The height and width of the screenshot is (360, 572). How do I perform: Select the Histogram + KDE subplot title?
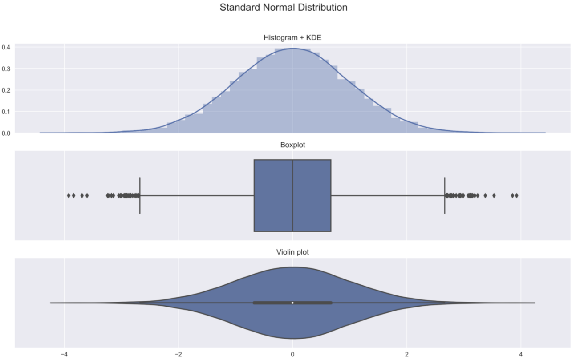pyautogui.click(x=292, y=38)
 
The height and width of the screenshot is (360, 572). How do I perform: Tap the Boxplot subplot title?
pyautogui.click(x=292, y=145)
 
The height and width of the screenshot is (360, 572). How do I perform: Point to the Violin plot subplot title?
pyautogui.click(x=292, y=252)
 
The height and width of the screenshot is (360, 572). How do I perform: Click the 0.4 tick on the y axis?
pyautogui.click(x=7, y=47)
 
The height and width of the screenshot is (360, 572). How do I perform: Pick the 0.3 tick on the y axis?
pyautogui.click(x=7, y=69)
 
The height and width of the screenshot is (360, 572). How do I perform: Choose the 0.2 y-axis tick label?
pyautogui.click(x=7, y=90)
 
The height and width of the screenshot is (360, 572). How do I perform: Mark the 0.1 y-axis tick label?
pyautogui.click(x=7, y=111)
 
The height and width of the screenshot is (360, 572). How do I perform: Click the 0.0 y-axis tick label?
pyautogui.click(x=7, y=133)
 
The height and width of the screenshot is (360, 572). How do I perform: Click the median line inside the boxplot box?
pyautogui.click(x=292, y=195)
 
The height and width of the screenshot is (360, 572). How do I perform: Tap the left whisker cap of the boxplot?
pyautogui.click(x=140, y=195)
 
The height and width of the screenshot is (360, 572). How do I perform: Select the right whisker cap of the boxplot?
pyautogui.click(x=445, y=195)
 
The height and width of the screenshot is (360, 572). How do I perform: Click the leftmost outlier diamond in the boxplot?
pyautogui.click(x=69, y=195)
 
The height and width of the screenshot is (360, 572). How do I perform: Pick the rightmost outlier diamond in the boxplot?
pyautogui.click(x=516, y=195)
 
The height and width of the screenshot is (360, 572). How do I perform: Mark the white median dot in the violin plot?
pyautogui.click(x=292, y=303)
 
